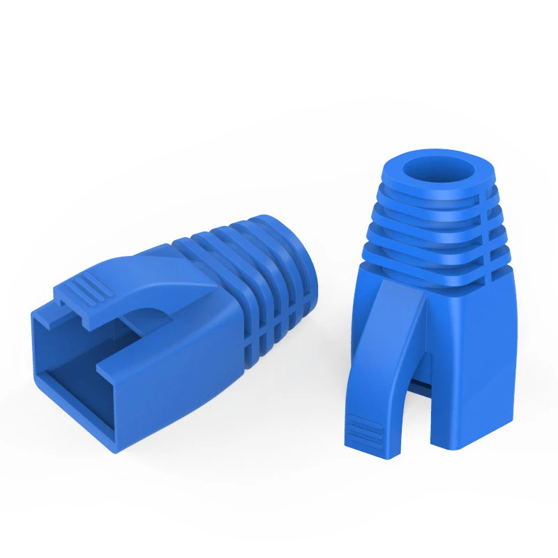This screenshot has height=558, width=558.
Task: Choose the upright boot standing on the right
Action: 432,300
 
